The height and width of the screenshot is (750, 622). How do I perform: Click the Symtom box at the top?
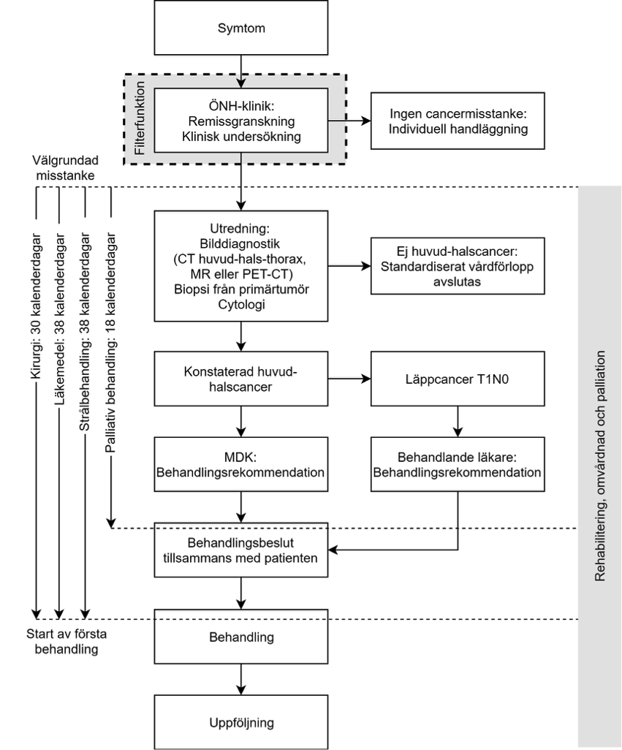(241, 28)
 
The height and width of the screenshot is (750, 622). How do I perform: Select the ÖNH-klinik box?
(241, 121)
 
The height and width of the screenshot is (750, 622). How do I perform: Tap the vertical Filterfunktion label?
(140, 118)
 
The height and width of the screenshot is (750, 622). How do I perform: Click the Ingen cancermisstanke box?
(458, 121)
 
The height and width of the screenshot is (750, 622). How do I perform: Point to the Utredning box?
(241, 266)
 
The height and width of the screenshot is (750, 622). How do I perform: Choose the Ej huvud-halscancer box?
(458, 266)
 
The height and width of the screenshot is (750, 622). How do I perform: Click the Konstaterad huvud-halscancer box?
(241, 379)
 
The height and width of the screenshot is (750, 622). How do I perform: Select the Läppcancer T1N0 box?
(458, 379)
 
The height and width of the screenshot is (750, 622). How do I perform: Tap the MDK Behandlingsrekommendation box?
(241, 464)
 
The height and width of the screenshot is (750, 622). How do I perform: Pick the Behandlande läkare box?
(458, 464)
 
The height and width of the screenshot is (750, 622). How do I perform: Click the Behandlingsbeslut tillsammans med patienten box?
(241, 550)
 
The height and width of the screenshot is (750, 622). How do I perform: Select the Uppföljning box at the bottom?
(241, 722)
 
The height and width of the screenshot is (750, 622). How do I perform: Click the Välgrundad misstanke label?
(66, 168)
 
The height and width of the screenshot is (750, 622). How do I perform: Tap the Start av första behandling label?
(67, 641)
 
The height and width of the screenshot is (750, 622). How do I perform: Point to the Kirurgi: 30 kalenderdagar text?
(36, 306)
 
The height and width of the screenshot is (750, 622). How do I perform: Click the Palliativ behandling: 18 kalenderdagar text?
(110, 343)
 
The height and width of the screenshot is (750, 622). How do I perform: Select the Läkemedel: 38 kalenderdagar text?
(59, 319)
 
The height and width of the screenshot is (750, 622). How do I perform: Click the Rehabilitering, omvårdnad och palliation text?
(600, 466)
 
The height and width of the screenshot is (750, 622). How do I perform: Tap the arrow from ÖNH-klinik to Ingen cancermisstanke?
(349, 121)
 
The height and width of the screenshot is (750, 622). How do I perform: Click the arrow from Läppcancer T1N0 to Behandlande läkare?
(458, 421)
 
